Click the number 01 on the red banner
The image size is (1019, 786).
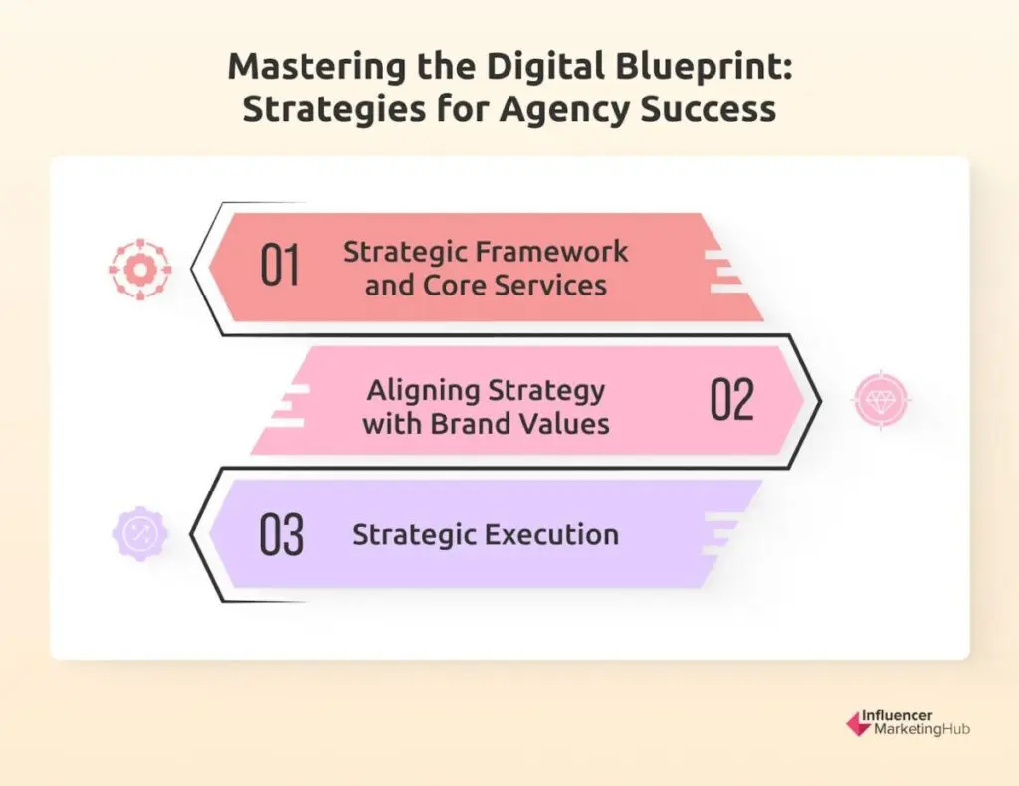pos(280,267)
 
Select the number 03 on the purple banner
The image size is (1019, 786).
pos(281,534)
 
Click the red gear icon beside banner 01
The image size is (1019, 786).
pos(139,269)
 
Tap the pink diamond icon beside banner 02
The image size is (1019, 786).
pos(881,401)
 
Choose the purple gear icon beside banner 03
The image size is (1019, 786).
pos(140,534)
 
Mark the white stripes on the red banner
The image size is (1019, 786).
pos(725,272)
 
